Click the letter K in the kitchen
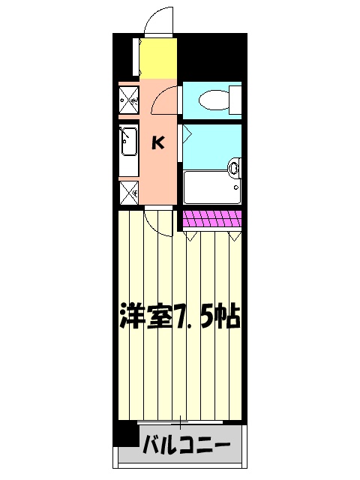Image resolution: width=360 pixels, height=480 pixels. point(159,142)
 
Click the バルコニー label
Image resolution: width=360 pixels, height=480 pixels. point(187,449)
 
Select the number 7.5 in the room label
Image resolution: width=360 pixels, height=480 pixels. point(190,318)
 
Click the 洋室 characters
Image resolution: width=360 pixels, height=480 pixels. point(146,318)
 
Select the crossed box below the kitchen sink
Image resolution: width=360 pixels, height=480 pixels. point(129,191)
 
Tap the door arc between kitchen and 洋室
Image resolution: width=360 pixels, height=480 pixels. point(159,222)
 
